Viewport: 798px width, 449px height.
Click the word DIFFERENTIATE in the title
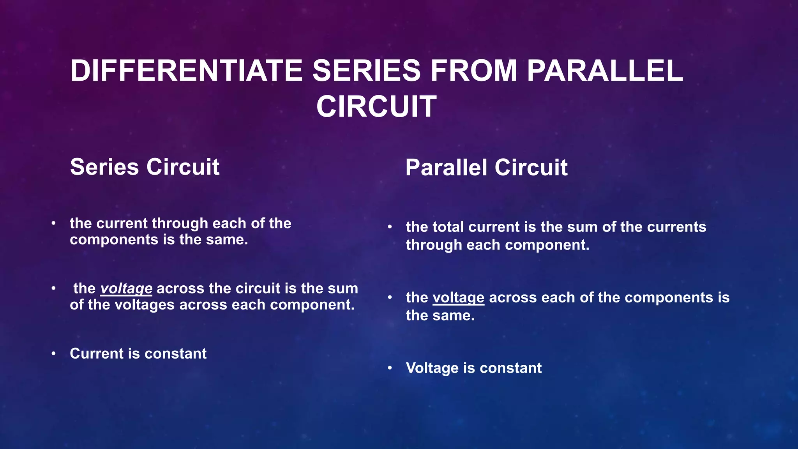click(186, 71)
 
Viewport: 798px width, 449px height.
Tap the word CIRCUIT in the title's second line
click(376, 106)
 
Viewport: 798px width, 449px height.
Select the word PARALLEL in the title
click(605, 71)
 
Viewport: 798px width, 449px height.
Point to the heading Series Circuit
click(145, 167)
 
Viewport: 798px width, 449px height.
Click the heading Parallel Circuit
click(486, 168)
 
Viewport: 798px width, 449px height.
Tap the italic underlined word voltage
click(126, 288)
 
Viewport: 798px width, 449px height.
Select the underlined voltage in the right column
click(459, 298)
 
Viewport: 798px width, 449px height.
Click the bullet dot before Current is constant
click(53, 354)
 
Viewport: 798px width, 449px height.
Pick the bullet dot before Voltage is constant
click(390, 368)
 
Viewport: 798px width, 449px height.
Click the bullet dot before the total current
click(390, 227)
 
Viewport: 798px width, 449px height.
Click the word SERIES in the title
click(366, 71)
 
